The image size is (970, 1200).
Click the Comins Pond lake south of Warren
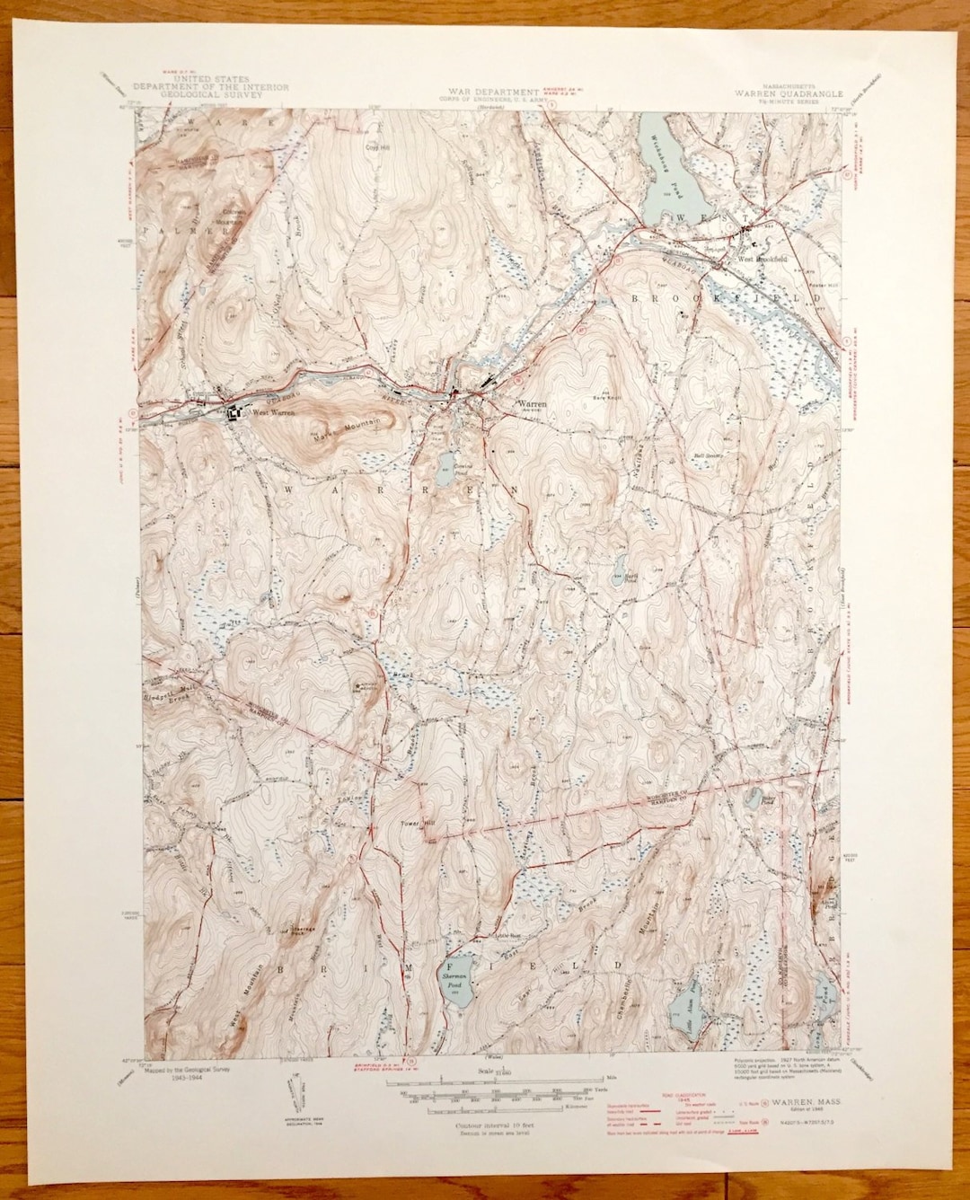(445, 464)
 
